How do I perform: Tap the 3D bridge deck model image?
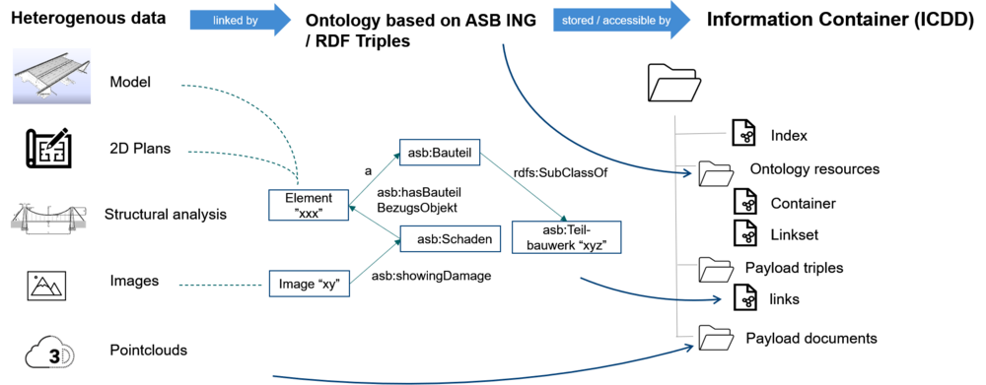(x=51, y=75)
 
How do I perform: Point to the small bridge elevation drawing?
(x=48, y=218)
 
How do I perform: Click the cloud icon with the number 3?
(x=49, y=352)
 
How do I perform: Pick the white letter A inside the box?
(x=413, y=239)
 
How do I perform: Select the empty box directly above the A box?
(x=439, y=152)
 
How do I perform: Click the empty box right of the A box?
(x=566, y=237)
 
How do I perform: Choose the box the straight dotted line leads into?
(x=309, y=284)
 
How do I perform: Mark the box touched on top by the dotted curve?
(x=309, y=205)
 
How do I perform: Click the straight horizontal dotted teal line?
(x=222, y=286)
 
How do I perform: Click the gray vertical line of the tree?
(x=675, y=226)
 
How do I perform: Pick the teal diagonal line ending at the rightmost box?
(x=523, y=187)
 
